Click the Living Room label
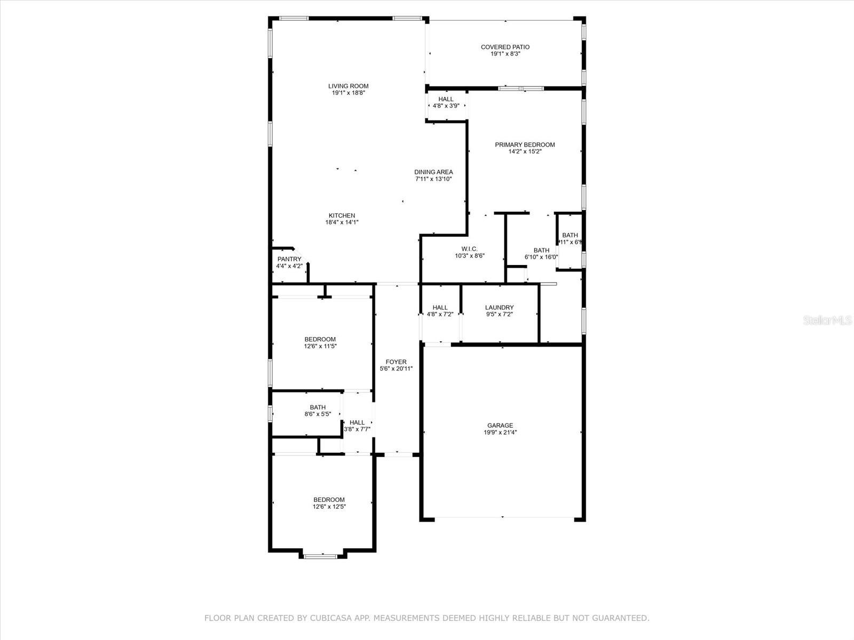[348, 86]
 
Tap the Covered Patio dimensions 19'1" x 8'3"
[505, 54]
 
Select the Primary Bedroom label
[525, 145]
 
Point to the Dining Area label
[433, 172]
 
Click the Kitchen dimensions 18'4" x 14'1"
[342, 222]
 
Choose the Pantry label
[289, 259]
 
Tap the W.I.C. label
[469, 249]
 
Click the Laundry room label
[499, 308]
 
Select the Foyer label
[396, 362]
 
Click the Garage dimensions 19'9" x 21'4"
[500, 433]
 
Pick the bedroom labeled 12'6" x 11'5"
[320, 342]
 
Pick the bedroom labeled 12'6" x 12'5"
[329, 503]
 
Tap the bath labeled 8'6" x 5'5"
[318, 410]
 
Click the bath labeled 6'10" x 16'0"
[541, 253]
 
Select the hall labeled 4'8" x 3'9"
[446, 102]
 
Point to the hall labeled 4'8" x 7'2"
[440, 310]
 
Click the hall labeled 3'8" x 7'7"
[357, 425]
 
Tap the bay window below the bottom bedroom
[320, 556]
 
